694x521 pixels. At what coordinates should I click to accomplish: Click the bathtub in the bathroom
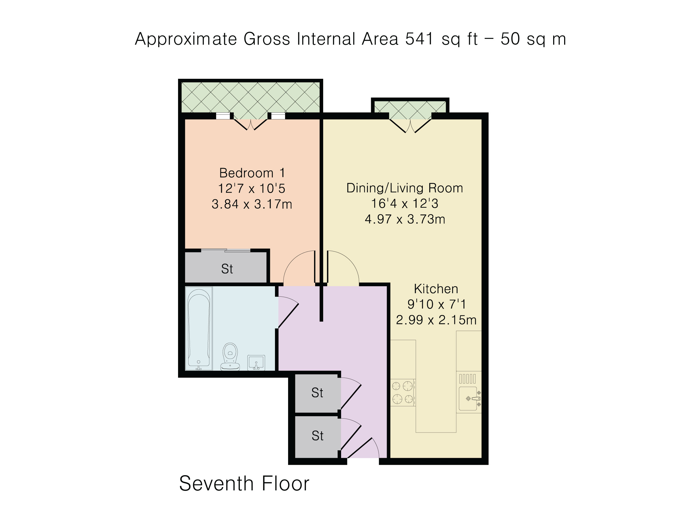tap(199, 329)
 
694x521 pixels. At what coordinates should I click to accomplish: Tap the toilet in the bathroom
tap(230, 357)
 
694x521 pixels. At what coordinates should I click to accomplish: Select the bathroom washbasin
tap(256, 362)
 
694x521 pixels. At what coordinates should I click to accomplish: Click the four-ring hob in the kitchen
tap(402, 392)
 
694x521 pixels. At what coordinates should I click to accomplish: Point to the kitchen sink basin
tap(468, 398)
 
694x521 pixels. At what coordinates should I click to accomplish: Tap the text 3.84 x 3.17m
tap(252, 204)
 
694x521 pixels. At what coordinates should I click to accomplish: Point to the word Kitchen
tap(436, 289)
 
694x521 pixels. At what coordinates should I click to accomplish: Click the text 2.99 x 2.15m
tap(436, 320)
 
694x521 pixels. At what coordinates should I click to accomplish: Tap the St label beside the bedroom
tap(227, 269)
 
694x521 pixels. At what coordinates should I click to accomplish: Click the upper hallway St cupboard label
tap(317, 393)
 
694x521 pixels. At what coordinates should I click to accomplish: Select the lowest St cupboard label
tap(317, 436)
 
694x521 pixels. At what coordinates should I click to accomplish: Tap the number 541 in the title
tap(419, 39)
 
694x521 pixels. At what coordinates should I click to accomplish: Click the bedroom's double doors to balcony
tap(250, 124)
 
